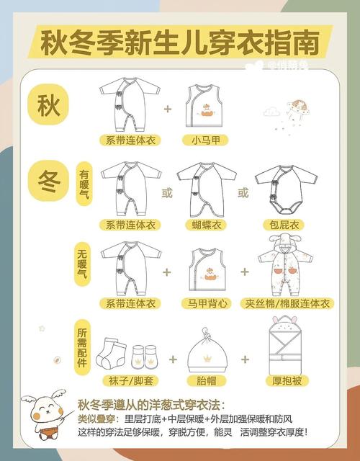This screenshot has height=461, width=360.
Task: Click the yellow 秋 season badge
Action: (48, 104)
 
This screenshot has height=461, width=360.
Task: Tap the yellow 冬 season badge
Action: (48, 181)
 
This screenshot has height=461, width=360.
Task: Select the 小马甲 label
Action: (206, 140)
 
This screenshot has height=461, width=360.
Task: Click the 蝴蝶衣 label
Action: (207, 225)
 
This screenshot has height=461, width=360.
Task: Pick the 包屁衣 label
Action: (284, 225)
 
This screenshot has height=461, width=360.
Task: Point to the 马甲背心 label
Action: (207, 303)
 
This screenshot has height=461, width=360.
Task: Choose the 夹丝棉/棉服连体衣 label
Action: (287, 303)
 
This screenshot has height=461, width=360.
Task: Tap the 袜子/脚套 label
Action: (130, 381)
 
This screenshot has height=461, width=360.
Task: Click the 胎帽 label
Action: (207, 381)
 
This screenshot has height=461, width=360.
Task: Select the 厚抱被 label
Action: (287, 381)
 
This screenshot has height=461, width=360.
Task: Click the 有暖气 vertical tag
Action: (84, 184)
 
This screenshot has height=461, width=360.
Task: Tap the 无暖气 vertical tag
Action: (82, 264)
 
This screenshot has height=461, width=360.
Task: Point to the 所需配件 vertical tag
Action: (82, 347)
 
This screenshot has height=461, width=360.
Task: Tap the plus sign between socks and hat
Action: (173, 359)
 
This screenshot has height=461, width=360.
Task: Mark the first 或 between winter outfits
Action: (167, 193)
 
